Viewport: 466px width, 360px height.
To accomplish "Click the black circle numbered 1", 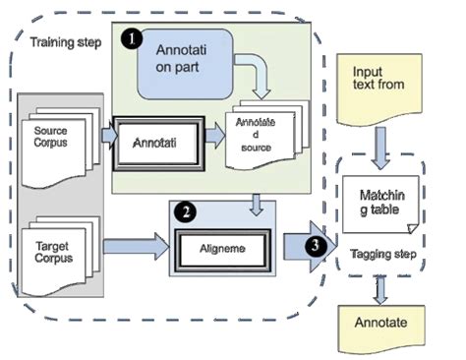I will (x=128, y=39).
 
